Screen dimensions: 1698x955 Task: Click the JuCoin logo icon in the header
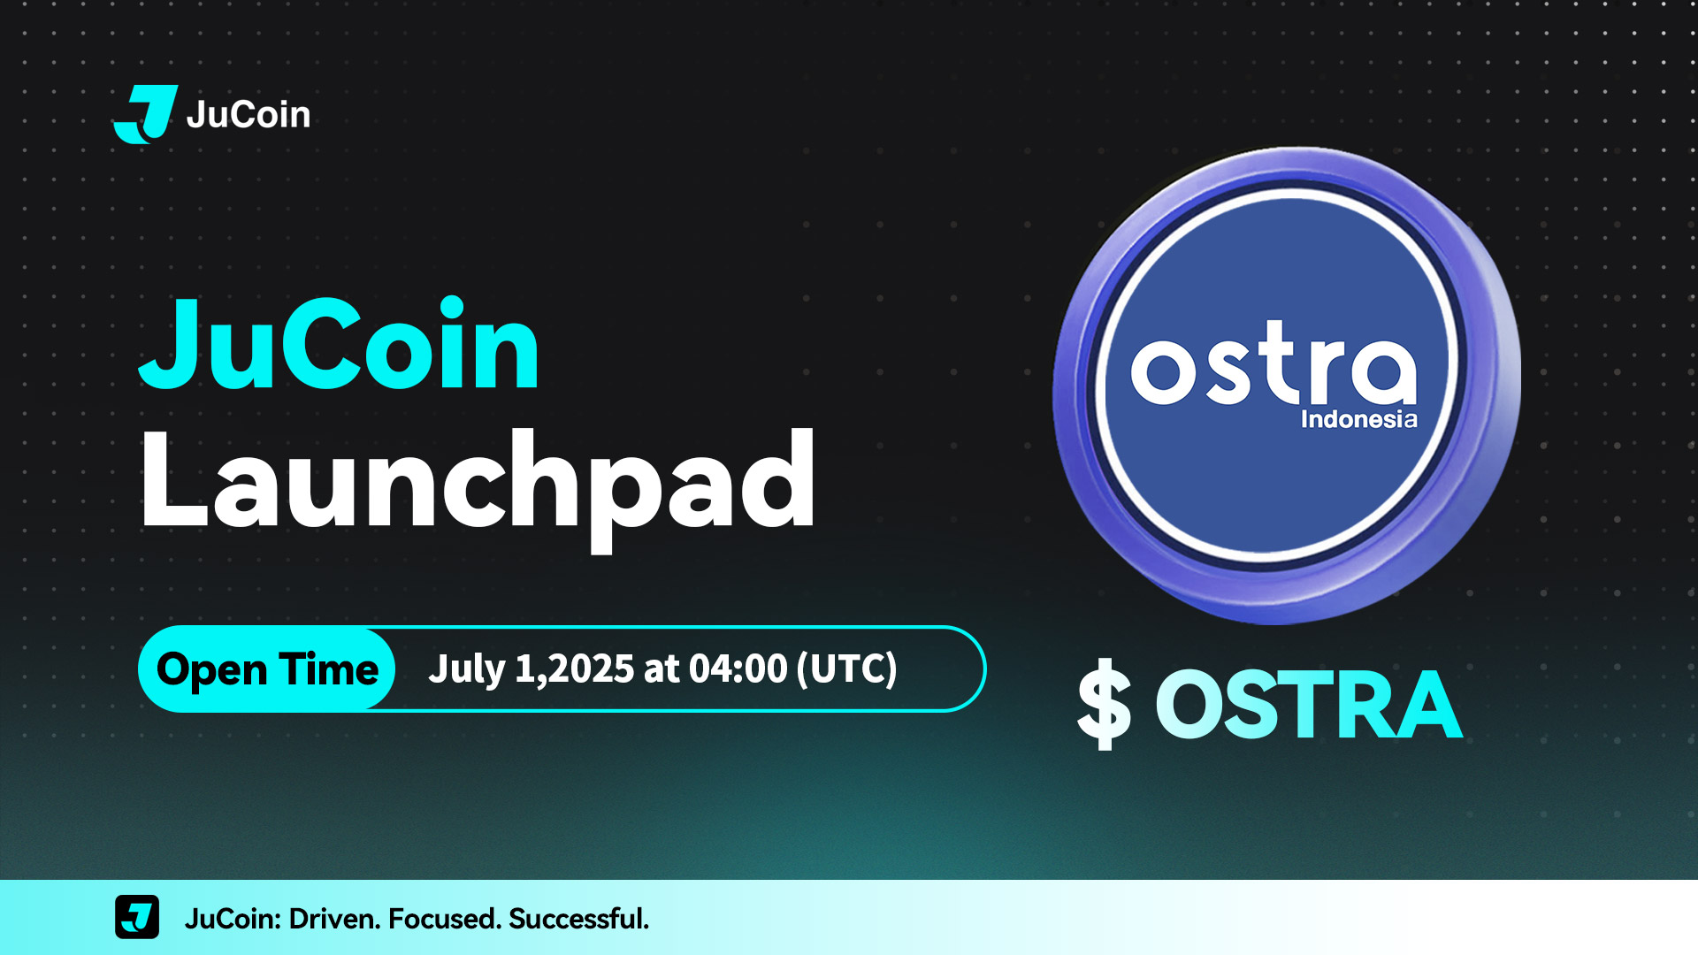(146, 114)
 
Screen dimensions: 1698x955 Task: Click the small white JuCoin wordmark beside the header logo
(249, 115)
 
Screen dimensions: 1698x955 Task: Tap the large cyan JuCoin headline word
(339, 344)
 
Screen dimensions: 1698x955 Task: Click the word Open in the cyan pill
(212, 669)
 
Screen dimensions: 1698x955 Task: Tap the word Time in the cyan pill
(329, 668)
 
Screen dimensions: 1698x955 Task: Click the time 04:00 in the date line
(738, 668)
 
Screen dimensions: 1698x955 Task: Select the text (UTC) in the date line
(847, 668)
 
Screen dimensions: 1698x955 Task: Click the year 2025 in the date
(592, 668)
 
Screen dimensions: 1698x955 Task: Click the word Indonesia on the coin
(1359, 419)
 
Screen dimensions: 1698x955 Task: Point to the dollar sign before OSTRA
(1105, 705)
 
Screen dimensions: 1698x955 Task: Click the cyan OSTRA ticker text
(1309, 705)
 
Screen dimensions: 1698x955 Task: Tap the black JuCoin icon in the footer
(137, 917)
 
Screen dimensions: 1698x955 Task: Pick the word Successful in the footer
(579, 919)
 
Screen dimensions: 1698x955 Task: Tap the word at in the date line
(662, 669)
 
